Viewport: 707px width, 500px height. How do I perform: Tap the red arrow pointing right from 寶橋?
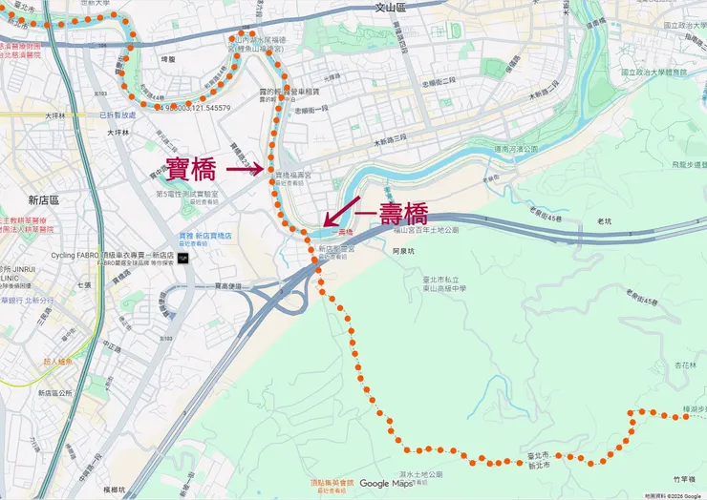tap(243, 171)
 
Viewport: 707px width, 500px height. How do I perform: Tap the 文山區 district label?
tap(391, 7)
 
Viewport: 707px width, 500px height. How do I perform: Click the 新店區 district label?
tap(44, 200)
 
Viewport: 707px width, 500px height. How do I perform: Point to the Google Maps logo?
tap(386, 484)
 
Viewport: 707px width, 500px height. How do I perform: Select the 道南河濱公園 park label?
tap(517, 150)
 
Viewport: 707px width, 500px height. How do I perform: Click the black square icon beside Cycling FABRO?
tap(182, 258)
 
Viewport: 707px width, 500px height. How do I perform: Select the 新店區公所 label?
tap(55, 392)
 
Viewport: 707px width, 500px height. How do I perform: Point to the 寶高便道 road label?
tap(228, 285)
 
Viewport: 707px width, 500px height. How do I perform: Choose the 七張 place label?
tap(85, 284)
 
